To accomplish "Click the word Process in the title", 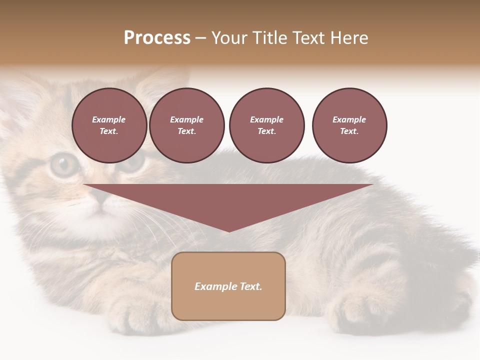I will coord(157,38).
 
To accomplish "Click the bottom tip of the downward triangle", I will coord(229,230).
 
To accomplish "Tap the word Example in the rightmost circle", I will coord(349,119).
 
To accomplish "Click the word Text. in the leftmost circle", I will coord(109,131).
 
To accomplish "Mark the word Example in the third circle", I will coord(266,119).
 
